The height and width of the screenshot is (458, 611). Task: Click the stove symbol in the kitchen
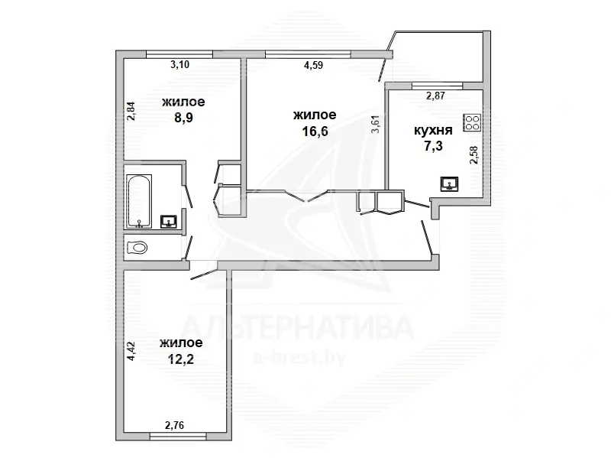(473, 122)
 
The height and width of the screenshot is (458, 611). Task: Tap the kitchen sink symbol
(449, 184)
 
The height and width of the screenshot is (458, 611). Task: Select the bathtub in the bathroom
(139, 200)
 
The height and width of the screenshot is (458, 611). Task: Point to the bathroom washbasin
(169, 222)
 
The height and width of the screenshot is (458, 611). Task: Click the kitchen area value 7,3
(433, 146)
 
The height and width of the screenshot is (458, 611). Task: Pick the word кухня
(433, 130)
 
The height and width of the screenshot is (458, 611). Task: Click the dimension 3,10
(179, 65)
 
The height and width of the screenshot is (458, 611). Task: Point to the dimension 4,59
(313, 65)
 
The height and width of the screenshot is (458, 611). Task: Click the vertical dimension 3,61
(375, 124)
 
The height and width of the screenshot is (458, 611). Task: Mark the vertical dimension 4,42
(131, 351)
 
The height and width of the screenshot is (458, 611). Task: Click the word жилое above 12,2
(181, 342)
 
